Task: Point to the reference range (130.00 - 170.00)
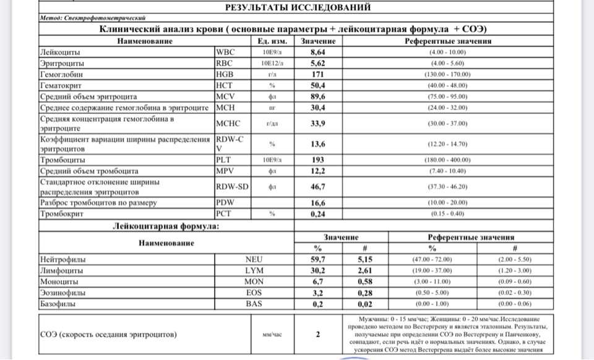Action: point(447,74)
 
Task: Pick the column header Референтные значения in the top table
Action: point(448,41)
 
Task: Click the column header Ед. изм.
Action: point(271,41)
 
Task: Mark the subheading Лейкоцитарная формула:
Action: point(165,226)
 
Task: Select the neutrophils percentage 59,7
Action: point(317,259)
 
